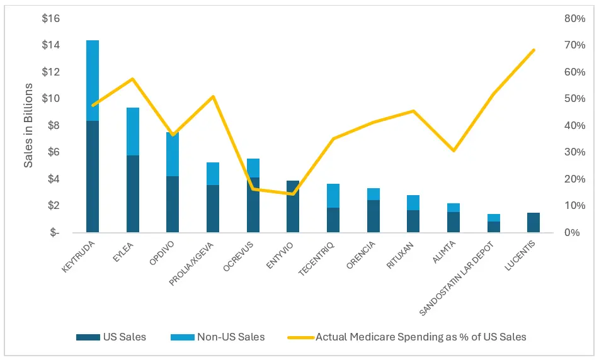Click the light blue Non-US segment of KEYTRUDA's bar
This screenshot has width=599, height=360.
coord(93,81)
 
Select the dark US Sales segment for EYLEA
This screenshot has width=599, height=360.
coord(133,194)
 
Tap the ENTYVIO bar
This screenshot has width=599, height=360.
coord(293,206)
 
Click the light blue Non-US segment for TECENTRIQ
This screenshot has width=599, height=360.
coord(333,196)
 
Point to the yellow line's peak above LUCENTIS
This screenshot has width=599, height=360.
coord(533,50)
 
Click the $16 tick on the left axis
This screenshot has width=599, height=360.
coord(50,18)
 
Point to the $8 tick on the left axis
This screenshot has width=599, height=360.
coord(53,125)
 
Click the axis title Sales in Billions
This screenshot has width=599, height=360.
coord(28,125)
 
